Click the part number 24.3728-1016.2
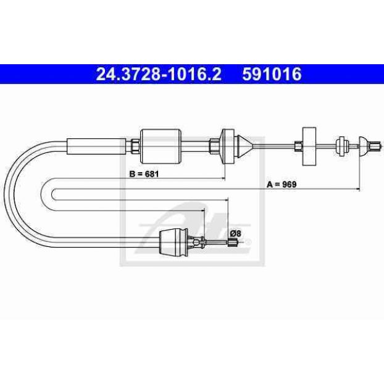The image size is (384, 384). point(159,74)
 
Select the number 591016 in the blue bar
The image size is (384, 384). point(272,74)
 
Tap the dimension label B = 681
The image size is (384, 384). point(144,174)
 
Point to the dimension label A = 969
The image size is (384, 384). point(282,184)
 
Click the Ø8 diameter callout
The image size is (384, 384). point(236,233)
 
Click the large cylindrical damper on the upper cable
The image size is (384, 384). point(161,146)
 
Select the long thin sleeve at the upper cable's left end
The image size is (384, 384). point(96,146)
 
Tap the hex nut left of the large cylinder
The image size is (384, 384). point(135,146)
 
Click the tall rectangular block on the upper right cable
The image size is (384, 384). point(309,146)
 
